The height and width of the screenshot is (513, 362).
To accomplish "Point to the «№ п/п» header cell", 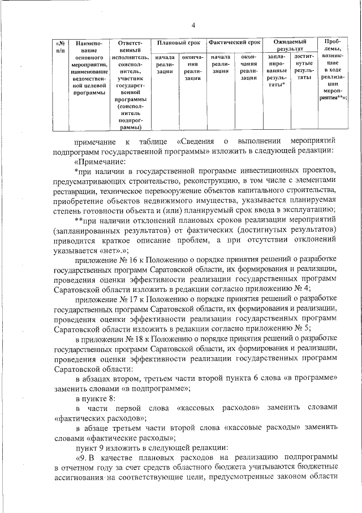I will [x=61, y=46].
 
